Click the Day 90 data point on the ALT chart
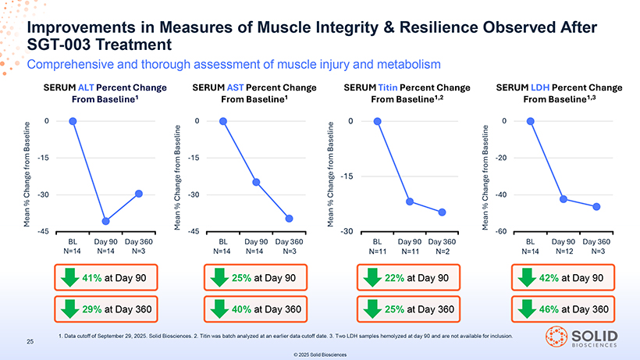coord(105,221)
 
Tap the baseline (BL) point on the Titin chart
coord(378,121)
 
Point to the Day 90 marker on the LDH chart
coord(564,199)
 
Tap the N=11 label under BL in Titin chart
coord(377,252)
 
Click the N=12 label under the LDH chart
coord(565,252)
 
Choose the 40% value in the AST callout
coord(242,309)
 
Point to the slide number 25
coord(31,341)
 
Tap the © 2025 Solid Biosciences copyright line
coord(320,354)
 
